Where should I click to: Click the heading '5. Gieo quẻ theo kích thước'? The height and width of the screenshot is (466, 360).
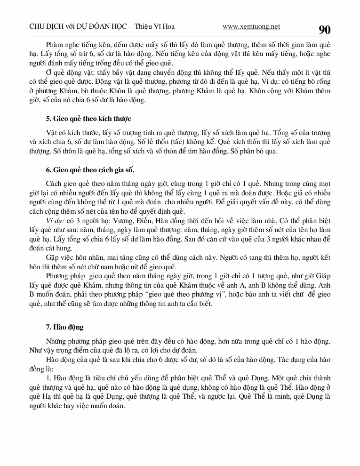88,118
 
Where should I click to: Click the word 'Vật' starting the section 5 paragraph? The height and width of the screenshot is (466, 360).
52,132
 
